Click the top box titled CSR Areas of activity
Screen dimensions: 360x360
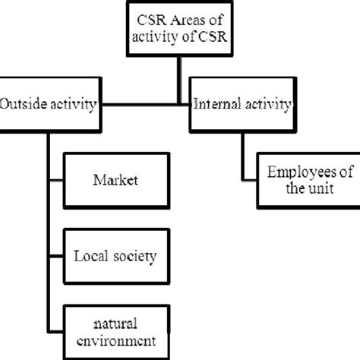coord(179,30)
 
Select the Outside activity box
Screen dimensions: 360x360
coord(49,103)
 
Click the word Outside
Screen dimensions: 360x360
coord(24,104)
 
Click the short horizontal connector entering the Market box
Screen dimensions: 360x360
coord(56,181)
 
